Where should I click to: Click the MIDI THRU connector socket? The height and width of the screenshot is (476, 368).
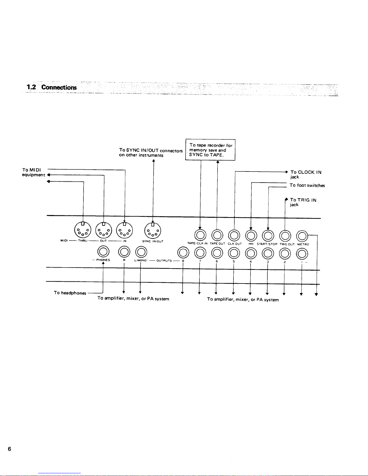[x=83, y=230]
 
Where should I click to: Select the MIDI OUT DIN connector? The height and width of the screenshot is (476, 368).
[x=104, y=230]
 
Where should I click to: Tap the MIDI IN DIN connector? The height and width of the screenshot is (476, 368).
[x=124, y=230]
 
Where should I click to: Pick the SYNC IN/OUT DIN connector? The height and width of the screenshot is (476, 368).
[x=153, y=231]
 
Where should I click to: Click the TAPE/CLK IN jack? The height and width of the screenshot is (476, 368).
[x=200, y=235]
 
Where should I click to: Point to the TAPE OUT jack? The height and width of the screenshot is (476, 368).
[x=217, y=235]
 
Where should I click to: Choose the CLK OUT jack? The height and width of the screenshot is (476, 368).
[x=234, y=235]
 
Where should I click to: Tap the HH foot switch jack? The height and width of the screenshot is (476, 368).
[x=251, y=236]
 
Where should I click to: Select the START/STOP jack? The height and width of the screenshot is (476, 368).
[x=268, y=236]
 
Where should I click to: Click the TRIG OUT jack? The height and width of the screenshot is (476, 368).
[x=285, y=236]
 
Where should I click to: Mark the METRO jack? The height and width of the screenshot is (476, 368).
[x=302, y=236]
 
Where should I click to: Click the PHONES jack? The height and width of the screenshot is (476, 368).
[x=103, y=251]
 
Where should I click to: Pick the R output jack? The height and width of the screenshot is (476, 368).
[x=124, y=252]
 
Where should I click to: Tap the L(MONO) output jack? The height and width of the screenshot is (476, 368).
[x=141, y=252]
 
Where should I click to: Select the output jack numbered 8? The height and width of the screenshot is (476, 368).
[x=183, y=253]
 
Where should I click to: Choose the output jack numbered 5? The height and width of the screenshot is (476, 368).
[x=234, y=253]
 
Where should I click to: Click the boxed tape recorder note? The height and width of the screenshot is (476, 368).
[x=210, y=150]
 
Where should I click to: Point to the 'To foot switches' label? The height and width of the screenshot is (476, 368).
[x=307, y=185]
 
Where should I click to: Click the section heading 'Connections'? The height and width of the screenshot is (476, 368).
[x=59, y=87]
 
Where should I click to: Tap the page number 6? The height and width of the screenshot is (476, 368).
[x=9, y=449]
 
